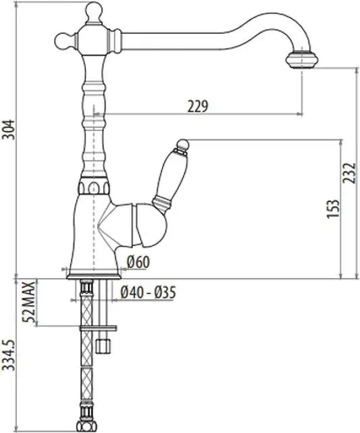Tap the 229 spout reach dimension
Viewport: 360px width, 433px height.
point(198,106)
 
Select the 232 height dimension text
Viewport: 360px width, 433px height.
point(349,173)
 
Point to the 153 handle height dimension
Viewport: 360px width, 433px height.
point(333,209)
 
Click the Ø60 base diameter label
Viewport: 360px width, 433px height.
point(138,262)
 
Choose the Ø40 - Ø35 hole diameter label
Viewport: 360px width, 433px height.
point(148,292)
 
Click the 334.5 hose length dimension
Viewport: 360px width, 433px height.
point(9,355)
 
